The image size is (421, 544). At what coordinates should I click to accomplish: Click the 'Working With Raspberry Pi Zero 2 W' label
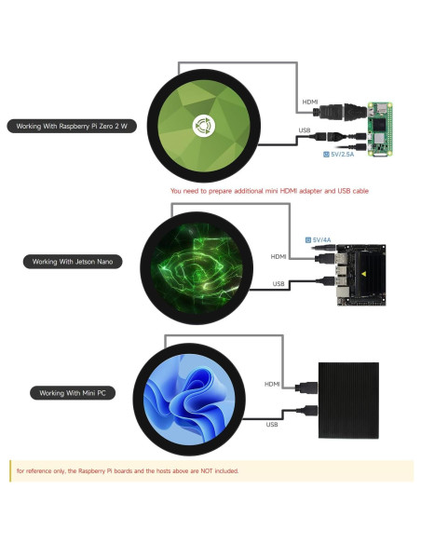pyautogui.click(x=71, y=126)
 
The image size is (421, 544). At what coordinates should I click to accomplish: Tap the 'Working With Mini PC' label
pyautogui.click(x=71, y=393)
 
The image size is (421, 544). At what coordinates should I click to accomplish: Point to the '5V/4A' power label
pyautogui.click(x=320, y=239)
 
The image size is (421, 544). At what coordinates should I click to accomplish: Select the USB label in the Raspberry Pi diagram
pyautogui.click(x=305, y=130)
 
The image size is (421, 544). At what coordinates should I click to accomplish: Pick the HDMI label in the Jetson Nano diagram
pyautogui.click(x=278, y=256)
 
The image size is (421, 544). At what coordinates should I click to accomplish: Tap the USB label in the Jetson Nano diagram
pyautogui.click(x=278, y=283)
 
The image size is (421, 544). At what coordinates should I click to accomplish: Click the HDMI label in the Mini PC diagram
pyautogui.click(x=272, y=384)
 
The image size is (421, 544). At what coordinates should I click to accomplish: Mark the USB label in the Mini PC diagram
pyautogui.click(x=272, y=425)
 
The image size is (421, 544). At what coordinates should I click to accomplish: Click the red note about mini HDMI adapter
pyautogui.click(x=269, y=190)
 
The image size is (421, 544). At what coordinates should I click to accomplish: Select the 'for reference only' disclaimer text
pyautogui.click(x=128, y=471)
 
